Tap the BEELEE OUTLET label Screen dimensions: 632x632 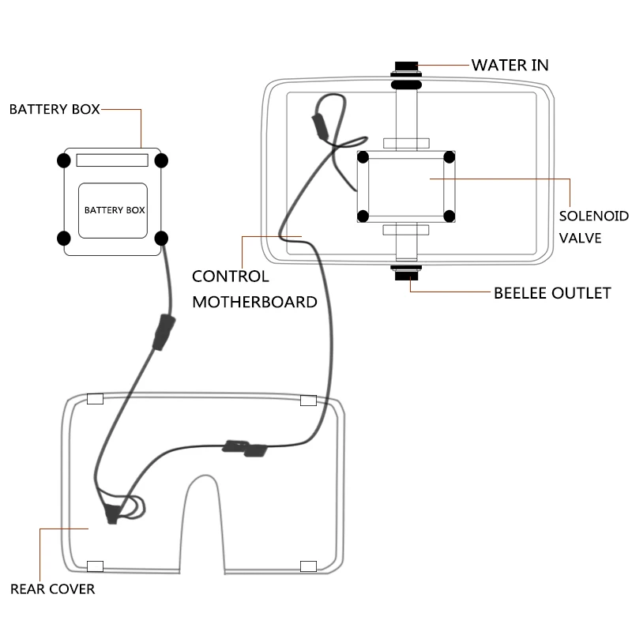click(x=552, y=293)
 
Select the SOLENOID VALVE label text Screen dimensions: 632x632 click(x=593, y=226)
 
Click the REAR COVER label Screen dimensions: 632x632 click(x=52, y=589)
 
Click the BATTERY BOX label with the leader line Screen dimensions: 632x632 click(x=55, y=109)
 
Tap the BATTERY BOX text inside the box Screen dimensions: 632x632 click(x=113, y=210)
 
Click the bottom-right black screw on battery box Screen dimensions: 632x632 click(x=162, y=238)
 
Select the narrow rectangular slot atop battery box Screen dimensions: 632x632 click(x=112, y=160)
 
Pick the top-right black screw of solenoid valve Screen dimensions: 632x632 click(x=449, y=157)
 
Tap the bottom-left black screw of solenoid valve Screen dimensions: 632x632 click(x=363, y=216)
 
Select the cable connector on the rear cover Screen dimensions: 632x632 click(x=246, y=448)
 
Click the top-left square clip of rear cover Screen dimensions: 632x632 click(x=95, y=399)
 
